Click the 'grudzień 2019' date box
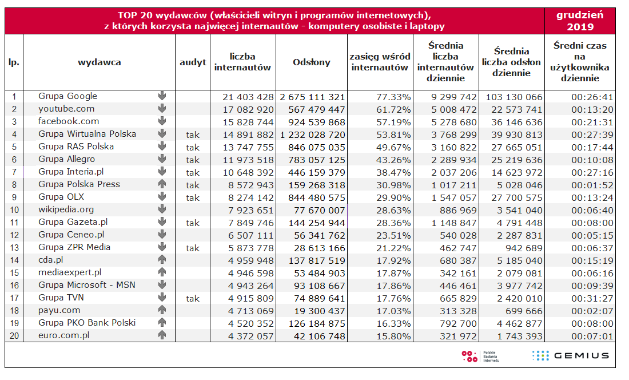point(580,21)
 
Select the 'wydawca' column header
point(99,62)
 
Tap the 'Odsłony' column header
point(312,62)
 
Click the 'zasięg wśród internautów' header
point(380,62)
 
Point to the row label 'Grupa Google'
point(67,96)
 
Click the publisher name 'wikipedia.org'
point(66,209)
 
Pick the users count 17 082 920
point(248,109)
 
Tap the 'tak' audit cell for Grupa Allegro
point(193,160)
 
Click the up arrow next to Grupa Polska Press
point(162,184)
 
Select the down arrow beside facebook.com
point(162,121)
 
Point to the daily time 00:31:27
point(592,298)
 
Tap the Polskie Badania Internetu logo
point(480,356)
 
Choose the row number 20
point(14,336)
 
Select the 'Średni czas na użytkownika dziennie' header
point(580,62)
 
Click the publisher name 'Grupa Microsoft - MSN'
point(87,285)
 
